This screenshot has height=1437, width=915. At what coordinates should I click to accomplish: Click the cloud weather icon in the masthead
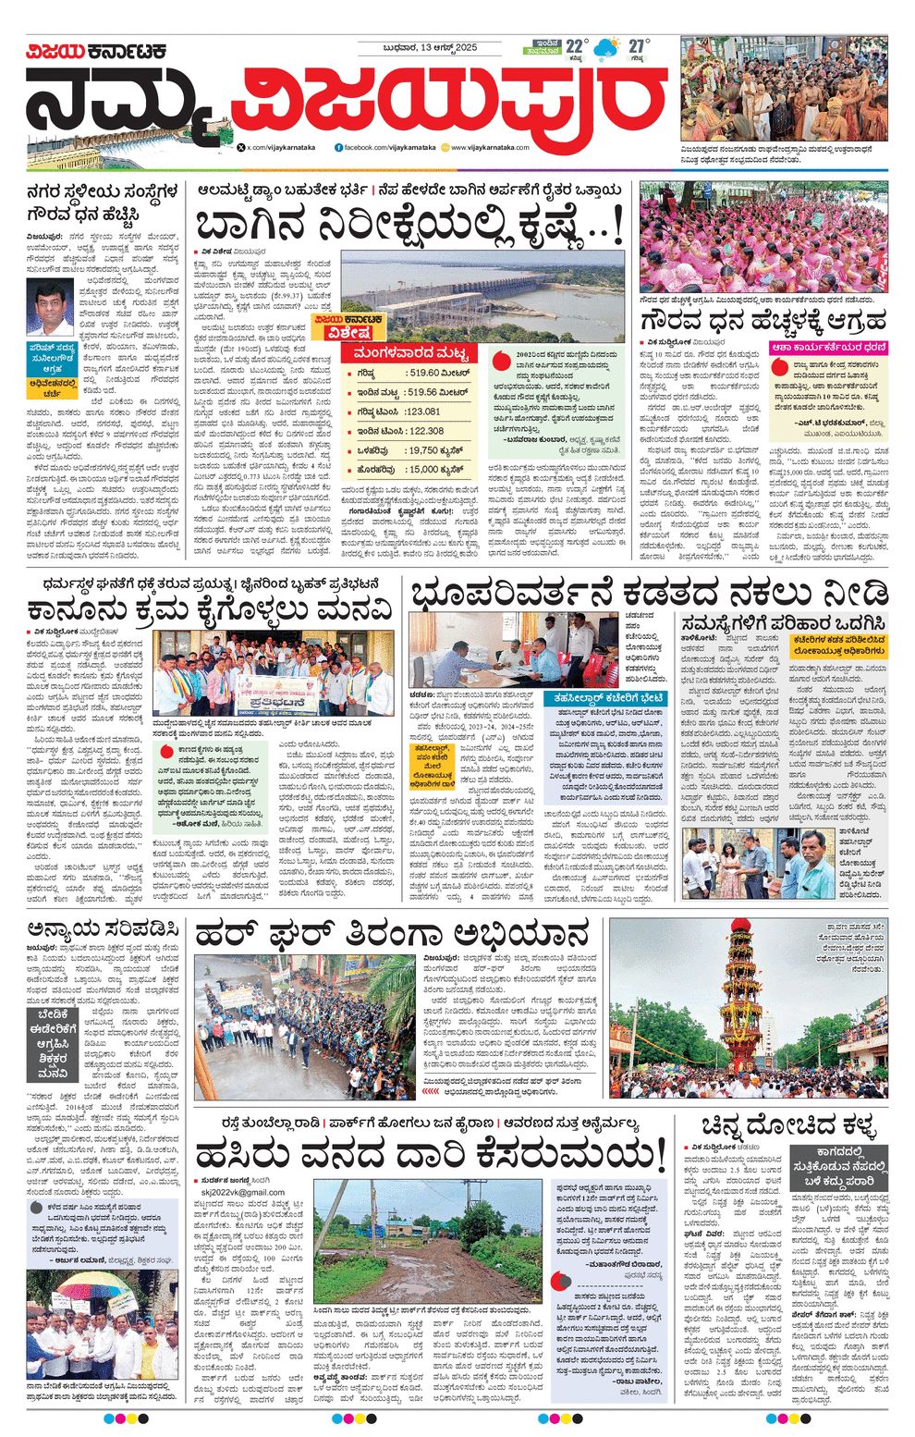point(606,49)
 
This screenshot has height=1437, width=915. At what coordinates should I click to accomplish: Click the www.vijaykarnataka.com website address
point(490,147)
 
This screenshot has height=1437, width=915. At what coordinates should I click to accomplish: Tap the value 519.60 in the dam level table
point(439,373)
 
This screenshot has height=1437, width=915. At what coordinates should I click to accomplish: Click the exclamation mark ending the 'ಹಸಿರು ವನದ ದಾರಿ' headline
point(657,1156)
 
